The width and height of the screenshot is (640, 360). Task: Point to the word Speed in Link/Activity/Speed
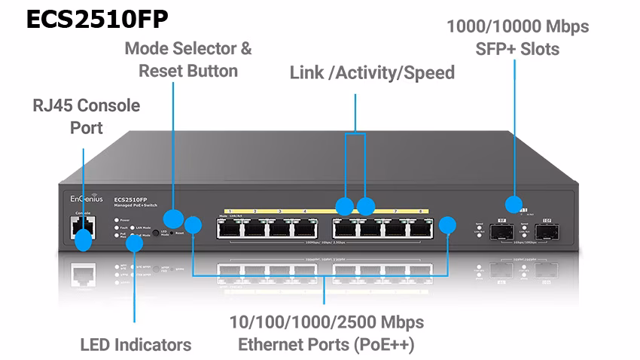coord(429,73)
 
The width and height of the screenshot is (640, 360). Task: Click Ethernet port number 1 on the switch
coord(229,227)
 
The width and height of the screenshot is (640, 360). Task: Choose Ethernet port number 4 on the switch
coord(305,227)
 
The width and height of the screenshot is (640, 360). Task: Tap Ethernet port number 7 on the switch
coord(395,227)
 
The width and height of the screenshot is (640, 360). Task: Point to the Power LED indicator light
coord(116,221)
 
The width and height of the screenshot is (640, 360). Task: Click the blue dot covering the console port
coord(83,241)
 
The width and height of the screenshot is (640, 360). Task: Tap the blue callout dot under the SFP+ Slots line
coord(514,203)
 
